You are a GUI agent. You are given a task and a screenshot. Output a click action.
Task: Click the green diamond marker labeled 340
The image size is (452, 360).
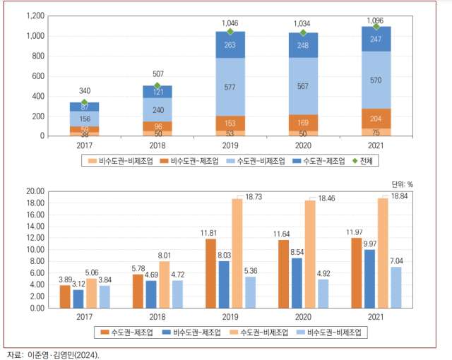(84, 102)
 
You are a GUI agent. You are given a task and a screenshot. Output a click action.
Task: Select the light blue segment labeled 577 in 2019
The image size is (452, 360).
(230, 87)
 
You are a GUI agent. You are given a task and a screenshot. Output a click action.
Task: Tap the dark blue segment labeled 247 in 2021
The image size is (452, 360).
(376, 39)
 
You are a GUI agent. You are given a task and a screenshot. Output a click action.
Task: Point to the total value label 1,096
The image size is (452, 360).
(376, 20)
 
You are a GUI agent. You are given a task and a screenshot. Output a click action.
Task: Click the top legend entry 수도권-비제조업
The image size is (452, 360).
(253, 160)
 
